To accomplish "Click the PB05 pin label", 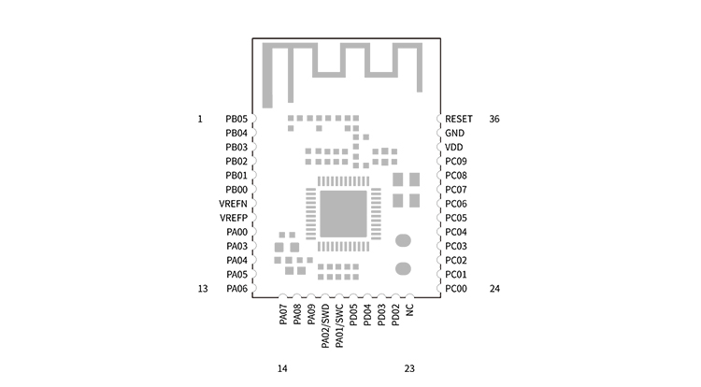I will pos(236,120).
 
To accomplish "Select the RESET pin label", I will pos(459,120).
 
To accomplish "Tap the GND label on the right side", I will pos(454,134).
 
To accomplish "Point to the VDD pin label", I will pos(454,148).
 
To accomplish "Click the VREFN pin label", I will pos(234,204).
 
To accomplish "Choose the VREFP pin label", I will pos(234,218).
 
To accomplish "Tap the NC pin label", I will pos(409,310).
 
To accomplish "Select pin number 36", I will pos(494,120).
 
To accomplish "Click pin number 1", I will pos(200,120).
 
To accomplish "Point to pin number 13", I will pos(202,289).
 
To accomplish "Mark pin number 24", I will pos(494,289).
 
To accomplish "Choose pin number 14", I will pos(282,368).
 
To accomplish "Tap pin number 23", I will pos(409,368).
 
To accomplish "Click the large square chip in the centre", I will pos(343,214).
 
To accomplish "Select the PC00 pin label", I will pos(456,289).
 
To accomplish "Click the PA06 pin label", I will pos(236,289).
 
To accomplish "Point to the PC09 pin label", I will pos(456,162).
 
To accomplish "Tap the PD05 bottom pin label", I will pos(353,314).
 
